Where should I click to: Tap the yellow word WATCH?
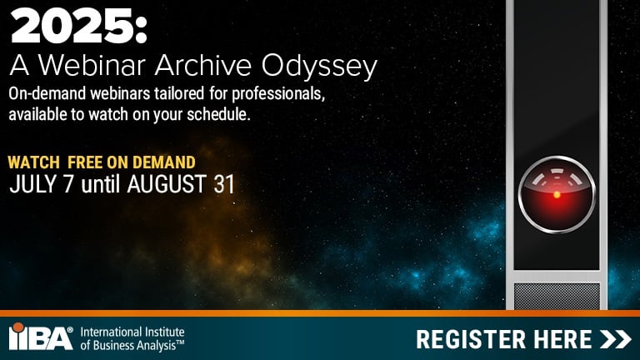click(x=32, y=162)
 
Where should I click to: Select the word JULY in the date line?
click(x=29, y=184)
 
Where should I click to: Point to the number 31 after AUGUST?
click(x=222, y=184)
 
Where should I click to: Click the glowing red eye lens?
click(x=557, y=194)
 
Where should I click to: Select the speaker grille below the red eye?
click(x=556, y=296)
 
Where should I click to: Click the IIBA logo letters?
click(x=40, y=337)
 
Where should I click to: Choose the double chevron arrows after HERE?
click(x=617, y=339)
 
